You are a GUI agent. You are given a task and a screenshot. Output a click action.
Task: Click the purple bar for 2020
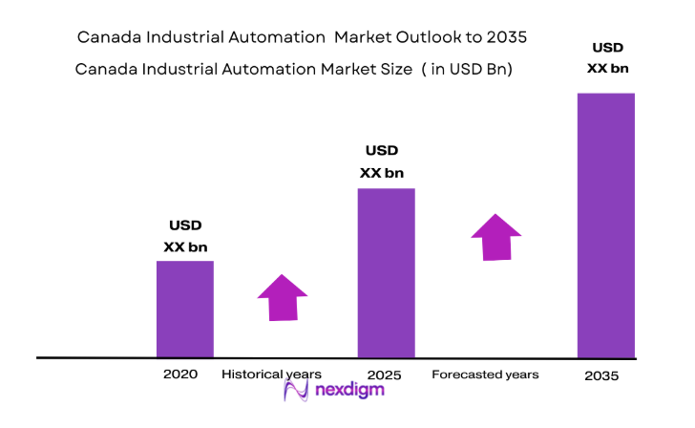(x=184, y=309)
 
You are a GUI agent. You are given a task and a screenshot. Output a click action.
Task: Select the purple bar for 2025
(x=386, y=272)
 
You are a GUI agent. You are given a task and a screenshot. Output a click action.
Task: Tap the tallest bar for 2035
(x=606, y=225)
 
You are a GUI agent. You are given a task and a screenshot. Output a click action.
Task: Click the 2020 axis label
(x=180, y=374)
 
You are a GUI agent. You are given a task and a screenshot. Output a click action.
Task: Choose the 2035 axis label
(x=601, y=376)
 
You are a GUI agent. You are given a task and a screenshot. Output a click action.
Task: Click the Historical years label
(x=272, y=374)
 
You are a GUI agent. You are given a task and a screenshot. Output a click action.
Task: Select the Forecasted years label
(x=485, y=374)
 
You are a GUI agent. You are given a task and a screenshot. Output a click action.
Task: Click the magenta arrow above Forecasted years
(x=495, y=237)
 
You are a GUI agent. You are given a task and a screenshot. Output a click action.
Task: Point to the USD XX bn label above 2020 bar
(x=185, y=236)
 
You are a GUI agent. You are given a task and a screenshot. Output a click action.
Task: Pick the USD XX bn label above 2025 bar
(x=382, y=161)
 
